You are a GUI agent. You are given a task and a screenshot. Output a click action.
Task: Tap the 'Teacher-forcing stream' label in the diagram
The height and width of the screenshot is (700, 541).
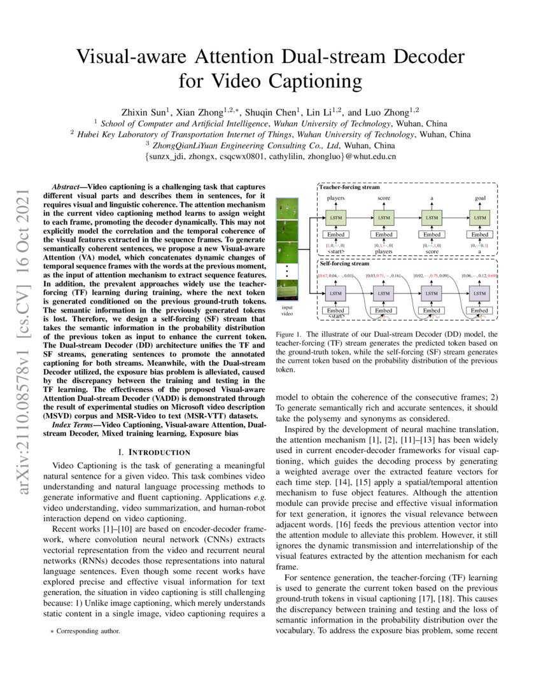point(349,188)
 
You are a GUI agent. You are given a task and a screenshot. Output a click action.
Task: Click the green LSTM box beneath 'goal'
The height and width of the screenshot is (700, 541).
point(479,218)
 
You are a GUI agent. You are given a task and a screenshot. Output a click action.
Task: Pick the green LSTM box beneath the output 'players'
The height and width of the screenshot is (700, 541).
point(335,218)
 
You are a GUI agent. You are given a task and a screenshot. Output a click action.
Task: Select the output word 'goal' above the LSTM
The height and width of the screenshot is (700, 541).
point(479,199)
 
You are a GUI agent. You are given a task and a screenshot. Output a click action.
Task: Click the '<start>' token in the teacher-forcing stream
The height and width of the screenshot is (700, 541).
point(335,252)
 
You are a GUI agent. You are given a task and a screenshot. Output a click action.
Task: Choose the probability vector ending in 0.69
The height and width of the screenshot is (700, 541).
point(479,275)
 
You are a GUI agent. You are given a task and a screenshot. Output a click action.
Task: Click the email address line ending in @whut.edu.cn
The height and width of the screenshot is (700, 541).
point(270,156)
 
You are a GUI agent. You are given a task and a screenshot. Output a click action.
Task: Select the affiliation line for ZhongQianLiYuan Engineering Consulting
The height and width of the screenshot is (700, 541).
point(270,145)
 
